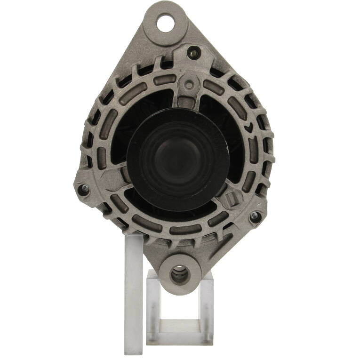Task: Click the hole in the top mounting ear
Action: tap(165, 23)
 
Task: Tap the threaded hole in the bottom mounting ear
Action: tap(180, 274)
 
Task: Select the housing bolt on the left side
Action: tap(83, 190)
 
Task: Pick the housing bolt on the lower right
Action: tap(255, 216)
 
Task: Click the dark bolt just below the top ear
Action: tap(193, 52)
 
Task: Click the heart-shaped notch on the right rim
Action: tap(248, 127)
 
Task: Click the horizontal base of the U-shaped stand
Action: tap(180, 325)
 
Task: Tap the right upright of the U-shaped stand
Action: tap(207, 301)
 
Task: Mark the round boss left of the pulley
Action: tap(111, 179)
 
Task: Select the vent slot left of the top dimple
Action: tap(165, 80)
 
